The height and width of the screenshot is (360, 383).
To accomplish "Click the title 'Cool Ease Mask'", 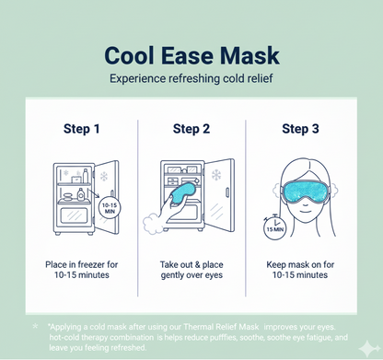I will pyautogui.click(x=191, y=55).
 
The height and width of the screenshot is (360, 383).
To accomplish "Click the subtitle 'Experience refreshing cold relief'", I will pyautogui.click(x=191, y=80).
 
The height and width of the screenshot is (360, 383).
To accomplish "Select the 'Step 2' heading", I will pyautogui.click(x=191, y=128).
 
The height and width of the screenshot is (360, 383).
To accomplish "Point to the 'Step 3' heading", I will pyautogui.click(x=301, y=128).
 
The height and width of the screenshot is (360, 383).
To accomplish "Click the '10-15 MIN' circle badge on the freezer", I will pyautogui.click(x=110, y=208).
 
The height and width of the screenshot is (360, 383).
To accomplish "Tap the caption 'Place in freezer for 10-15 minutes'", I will pyautogui.click(x=80, y=269).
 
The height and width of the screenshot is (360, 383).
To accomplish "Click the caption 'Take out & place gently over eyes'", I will pyautogui.click(x=191, y=269).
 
